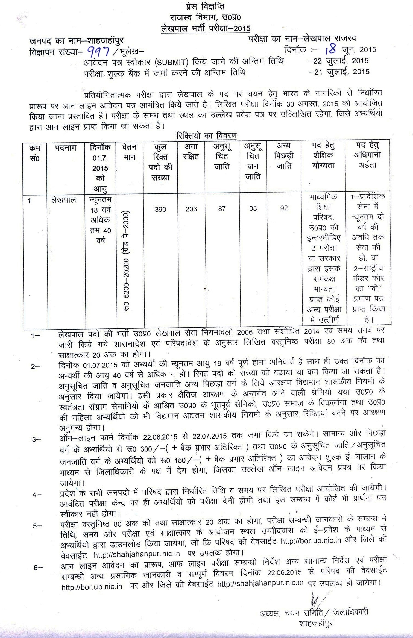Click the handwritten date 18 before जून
click(x=330, y=50)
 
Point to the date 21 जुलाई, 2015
click(x=339, y=72)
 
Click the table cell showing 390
click(x=160, y=209)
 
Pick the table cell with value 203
click(x=191, y=209)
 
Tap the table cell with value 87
click(x=222, y=209)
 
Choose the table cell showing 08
click(x=253, y=208)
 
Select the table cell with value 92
click(x=284, y=208)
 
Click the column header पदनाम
click(x=66, y=148)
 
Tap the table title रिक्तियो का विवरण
click(x=206, y=136)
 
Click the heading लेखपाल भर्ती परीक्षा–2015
click(x=206, y=28)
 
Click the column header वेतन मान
click(x=130, y=152)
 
